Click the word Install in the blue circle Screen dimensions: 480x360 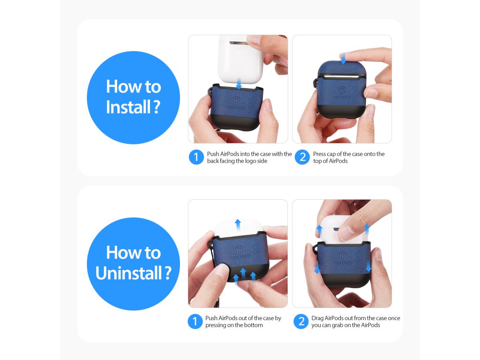(x=128, y=107)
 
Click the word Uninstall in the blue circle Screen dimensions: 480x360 (x=128, y=273)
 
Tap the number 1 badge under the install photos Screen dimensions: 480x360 (x=196, y=157)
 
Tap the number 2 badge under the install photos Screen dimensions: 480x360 (x=302, y=157)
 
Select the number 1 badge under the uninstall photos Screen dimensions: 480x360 (x=195, y=322)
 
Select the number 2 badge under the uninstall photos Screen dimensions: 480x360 (x=301, y=322)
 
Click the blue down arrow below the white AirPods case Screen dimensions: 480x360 (x=239, y=83)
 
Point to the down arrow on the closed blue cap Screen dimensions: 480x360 (x=343, y=58)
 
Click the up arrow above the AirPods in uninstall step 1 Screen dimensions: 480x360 (x=238, y=225)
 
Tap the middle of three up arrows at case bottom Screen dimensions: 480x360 (x=243, y=274)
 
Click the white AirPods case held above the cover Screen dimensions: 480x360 (x=240, y=60)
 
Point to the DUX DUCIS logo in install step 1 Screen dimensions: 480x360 (x=236, y=104)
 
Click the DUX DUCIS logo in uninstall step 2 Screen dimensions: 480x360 (x=343, y=259)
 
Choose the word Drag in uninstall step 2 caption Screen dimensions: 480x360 (x=317, y=318)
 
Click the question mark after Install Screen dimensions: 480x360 (x=157, y=107)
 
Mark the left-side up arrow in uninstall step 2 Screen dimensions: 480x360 (x=319, y=231)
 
